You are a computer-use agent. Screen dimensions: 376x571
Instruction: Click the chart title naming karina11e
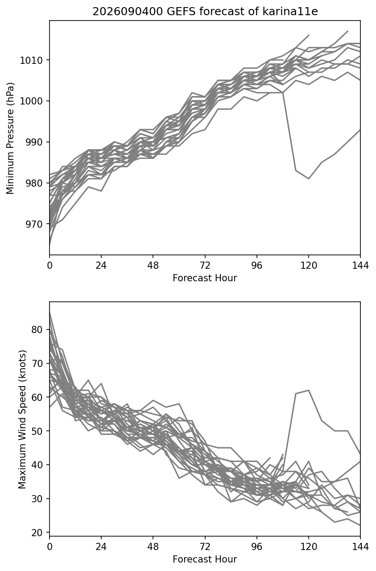(x=205, y=12)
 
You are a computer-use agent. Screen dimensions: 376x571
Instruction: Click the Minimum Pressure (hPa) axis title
(x=10, y=138)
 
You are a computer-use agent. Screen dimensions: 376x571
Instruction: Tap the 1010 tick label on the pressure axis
(x=31, y=61)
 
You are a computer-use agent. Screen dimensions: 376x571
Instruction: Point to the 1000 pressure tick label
(x=31, y=101)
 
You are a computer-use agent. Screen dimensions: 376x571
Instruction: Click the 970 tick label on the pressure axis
(x=34, y=224)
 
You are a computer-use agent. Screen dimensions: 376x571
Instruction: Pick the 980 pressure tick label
(x=34, y=183)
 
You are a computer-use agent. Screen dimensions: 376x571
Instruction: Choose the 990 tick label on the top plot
(x=34, y=142)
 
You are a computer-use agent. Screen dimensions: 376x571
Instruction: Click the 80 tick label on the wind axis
(x=37, y=329)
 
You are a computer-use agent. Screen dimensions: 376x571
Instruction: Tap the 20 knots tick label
(x=37, y=533)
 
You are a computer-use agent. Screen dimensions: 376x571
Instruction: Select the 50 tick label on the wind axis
(x=37, y=431)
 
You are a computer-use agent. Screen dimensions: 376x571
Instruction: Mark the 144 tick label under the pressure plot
(x=360, y=265)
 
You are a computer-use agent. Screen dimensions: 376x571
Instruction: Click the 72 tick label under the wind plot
(x=205, y=547)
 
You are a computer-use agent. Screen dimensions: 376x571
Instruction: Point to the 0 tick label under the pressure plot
(x=50, y=265)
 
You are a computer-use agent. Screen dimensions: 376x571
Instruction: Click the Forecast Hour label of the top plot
(x=205, y=278)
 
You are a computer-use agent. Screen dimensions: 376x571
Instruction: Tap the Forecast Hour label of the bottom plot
(x=205, y=559)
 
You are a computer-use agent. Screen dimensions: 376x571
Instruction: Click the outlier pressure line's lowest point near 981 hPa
(x=309, y=179)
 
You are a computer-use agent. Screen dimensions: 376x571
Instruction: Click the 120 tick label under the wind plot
(x=309, y=547)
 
